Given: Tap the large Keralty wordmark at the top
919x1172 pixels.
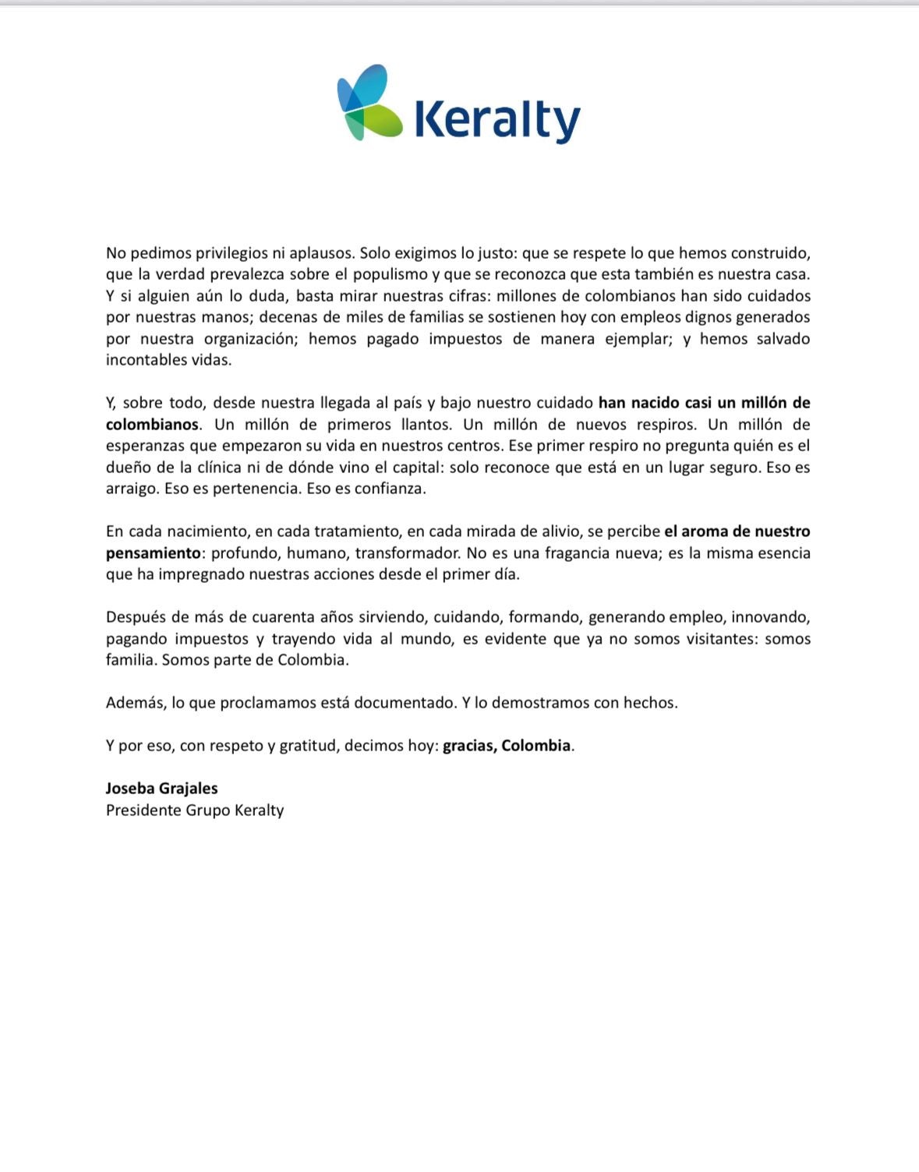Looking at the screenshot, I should coord(497,119).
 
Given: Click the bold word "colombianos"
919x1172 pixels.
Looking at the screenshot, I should coord(152,425).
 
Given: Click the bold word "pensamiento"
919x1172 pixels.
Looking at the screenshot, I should coord(153,553).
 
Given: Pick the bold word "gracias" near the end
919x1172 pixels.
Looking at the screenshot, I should coord(469,746).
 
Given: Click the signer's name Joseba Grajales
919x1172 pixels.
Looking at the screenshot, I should coord(162,789).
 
